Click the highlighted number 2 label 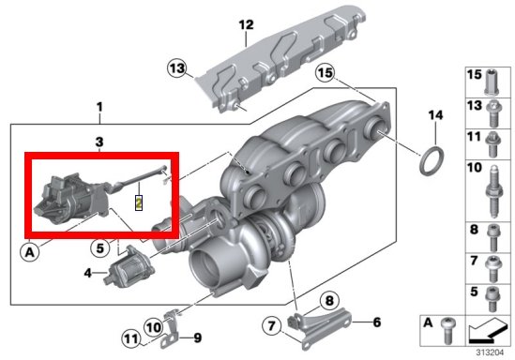point(139,202)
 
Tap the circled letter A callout point(30,252)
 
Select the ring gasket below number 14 point(432,161)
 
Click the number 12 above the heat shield point(247,24)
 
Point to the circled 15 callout point(326,72)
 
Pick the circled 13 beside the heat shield point(177,68)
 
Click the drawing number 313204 point(490,352)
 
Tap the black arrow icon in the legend point(488,330)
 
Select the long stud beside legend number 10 point(493,191)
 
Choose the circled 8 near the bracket point(329,301)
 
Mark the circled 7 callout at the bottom point(272,326)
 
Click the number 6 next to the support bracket point(377,322)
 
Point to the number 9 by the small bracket point(197,337)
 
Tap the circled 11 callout point(131,338)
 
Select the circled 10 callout point(154,327)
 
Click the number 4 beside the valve point(87,273)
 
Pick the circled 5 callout point(99,248)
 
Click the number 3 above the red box point(99,142)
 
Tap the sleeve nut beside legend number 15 point(492,82)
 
